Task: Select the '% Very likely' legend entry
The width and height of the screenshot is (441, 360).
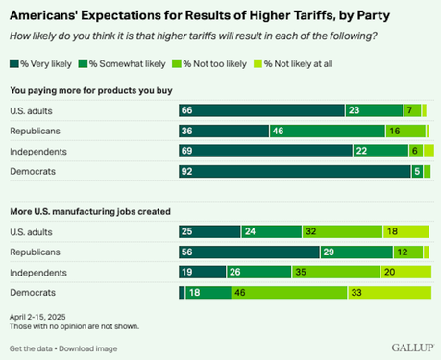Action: coord(41,64)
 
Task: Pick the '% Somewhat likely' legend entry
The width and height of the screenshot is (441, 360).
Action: coord(122,64)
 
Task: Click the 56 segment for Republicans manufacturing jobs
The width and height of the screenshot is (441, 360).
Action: coord(249,252)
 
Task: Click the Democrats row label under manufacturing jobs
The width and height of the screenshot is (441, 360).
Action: coord(33,292)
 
